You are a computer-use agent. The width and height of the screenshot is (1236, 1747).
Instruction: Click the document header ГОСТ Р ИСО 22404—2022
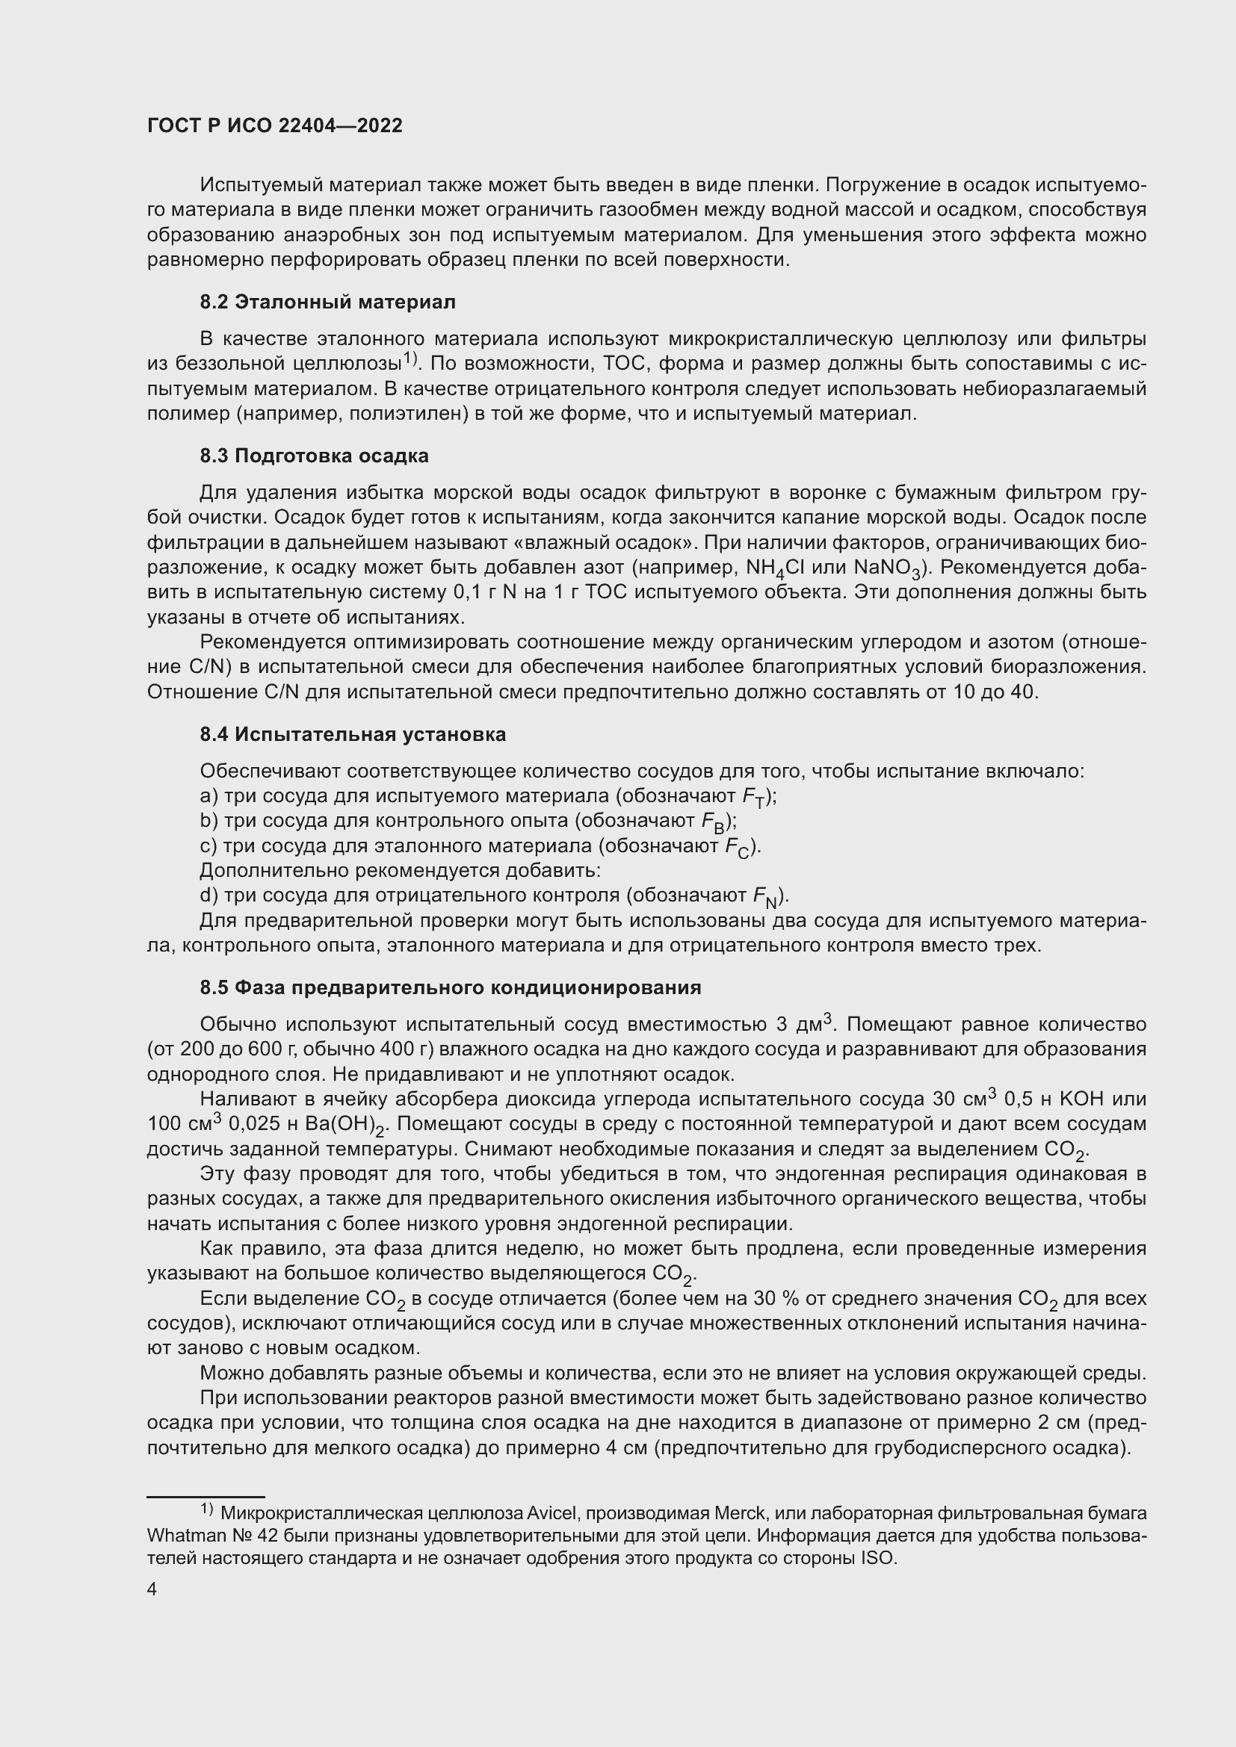275,126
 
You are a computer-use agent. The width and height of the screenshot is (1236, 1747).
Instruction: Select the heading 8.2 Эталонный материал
327,302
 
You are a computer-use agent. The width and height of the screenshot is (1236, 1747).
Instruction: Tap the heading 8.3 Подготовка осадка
314,456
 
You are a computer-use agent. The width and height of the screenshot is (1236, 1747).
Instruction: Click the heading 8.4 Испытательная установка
353,734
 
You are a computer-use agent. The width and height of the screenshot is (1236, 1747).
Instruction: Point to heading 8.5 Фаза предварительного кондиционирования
450,987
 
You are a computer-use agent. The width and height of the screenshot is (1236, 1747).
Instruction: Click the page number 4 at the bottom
152,1589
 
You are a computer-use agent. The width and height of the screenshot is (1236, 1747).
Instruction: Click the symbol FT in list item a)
753,798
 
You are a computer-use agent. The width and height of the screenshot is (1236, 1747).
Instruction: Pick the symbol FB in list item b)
712,822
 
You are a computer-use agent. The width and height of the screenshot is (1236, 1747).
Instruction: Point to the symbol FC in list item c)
736,848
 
